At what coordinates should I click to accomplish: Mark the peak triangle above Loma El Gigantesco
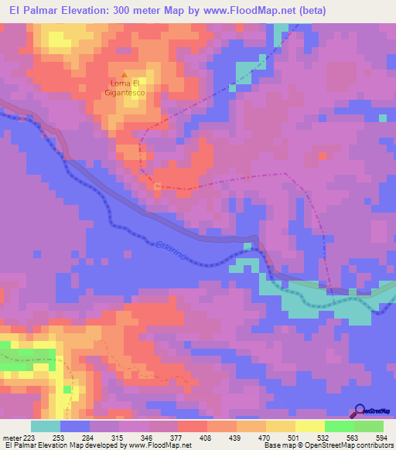(x=125, y=75)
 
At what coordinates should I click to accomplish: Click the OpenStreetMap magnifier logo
(x=361, y=412)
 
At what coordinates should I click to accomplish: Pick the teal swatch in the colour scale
(x=45, y=426)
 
